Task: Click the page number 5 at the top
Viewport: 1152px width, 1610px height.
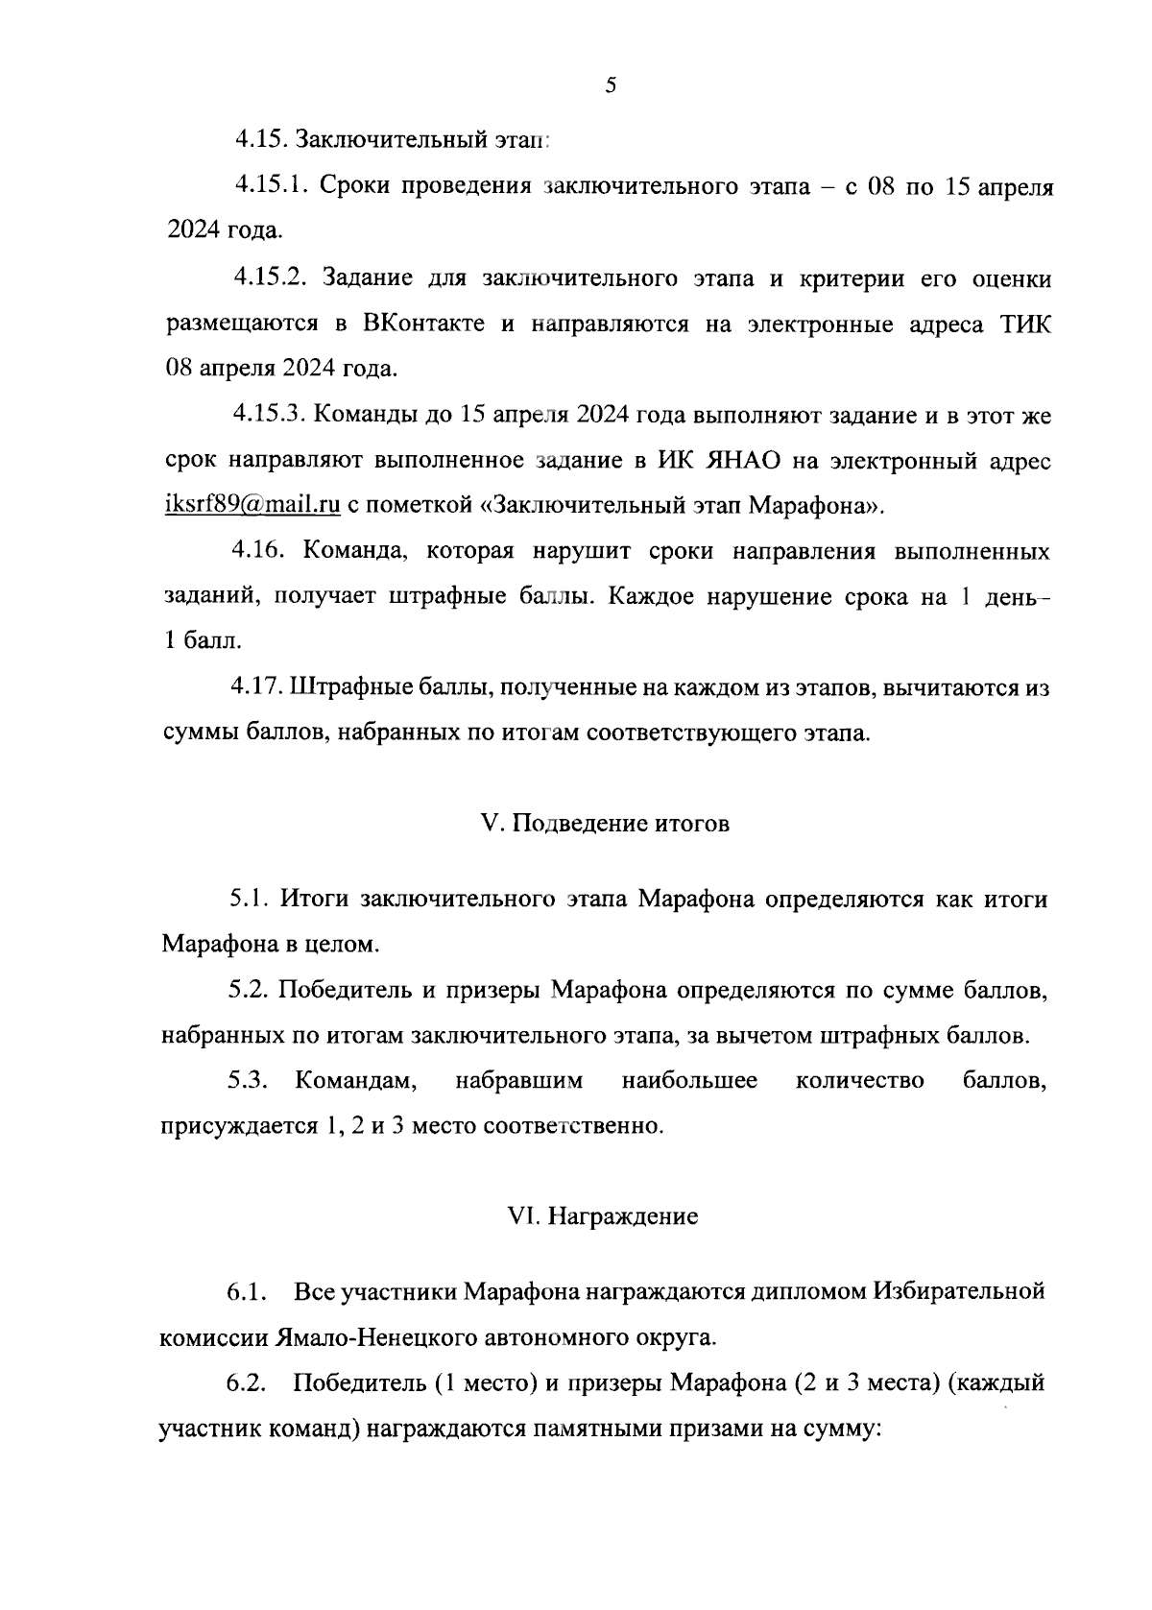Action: tap(611, 86)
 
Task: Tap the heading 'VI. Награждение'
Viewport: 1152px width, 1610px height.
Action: tap(603, 1216)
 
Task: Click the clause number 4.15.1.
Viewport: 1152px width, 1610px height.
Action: tap(269, 186)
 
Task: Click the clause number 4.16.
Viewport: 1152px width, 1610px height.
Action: tap(257, 552)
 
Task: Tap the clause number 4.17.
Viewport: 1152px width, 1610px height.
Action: tap(257, 688)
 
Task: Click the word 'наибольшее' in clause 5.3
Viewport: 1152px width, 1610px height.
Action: tap(689, 1081)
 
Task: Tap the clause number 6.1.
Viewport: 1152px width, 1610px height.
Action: tap(246, 1292)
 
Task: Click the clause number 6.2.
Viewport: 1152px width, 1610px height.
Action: tap(247, 1384)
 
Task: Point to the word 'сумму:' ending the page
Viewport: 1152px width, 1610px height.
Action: tap(844, 1430)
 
